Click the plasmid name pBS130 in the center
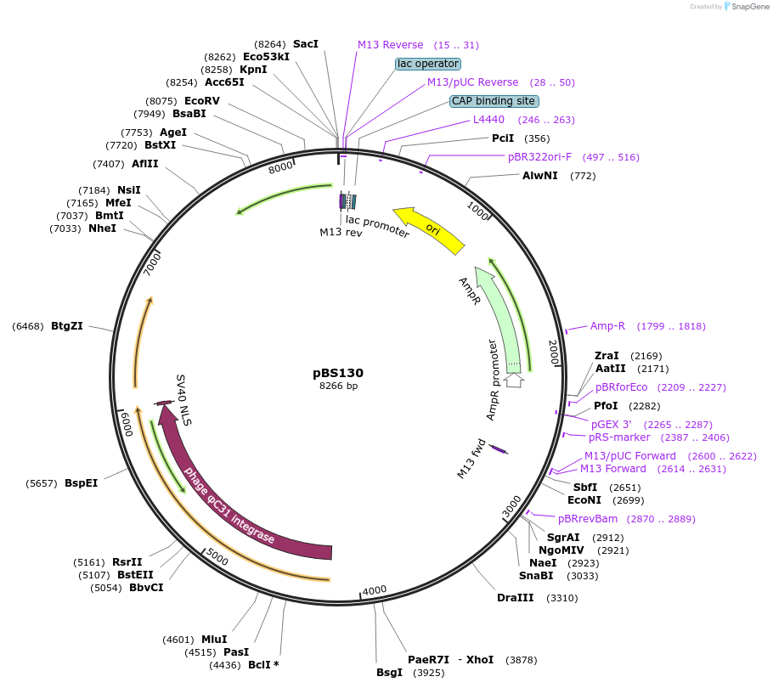[x=338, y=373]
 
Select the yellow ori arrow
[x=429, y=229]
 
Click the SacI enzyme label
[x=305, y=43]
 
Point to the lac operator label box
[x=428, y=64]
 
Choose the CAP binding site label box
[x=494, y=101]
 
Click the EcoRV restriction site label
[x=202, y=101]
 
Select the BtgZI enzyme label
[x=66, y=325]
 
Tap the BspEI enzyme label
[x=81, y=483]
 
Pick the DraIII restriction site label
[x=516, y=598]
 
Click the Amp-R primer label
[x=607, y=326]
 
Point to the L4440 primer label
[x=488, y=120]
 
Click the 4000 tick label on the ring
[x=375, y=591]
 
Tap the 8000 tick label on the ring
[x=280, y=168]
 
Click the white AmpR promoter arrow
[x=514, y=380]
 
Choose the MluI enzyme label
[x=214, y=640]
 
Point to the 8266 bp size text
[x=338, y=386]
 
